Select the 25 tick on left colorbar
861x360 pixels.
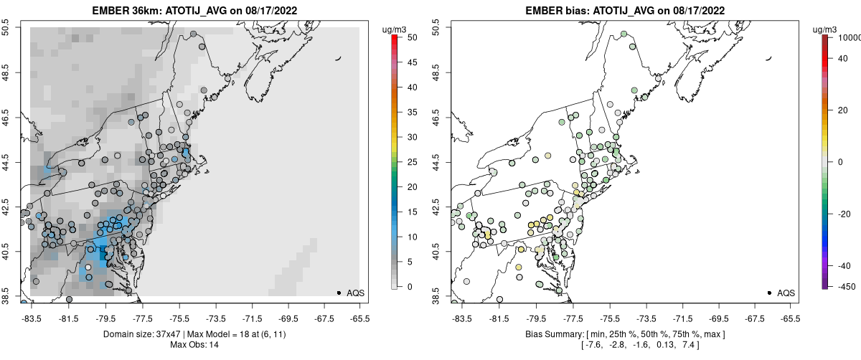(407, 162)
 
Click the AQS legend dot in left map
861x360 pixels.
(339, 293)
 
